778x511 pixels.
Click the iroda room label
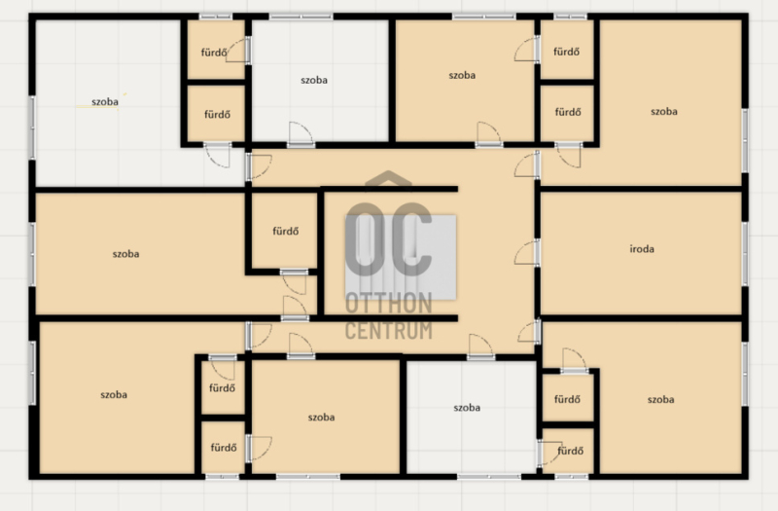pos(642,249)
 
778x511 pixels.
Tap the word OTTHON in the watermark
pos(388,304)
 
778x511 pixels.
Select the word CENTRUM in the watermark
pos(388,330)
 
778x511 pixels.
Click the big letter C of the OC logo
pos(411,239)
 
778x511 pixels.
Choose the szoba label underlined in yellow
pos(105,102)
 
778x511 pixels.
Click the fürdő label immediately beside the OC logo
pos(285,231)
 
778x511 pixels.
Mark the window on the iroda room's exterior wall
pos(745,253)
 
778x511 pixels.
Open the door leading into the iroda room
pos(527,253)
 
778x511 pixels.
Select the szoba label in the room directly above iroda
pos(664,112)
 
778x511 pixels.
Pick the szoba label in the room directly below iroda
pos(660,400)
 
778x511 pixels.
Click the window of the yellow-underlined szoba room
pos(33,128)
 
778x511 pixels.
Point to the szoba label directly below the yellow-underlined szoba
pos(125,254)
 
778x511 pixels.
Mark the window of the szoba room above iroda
pos(745,140)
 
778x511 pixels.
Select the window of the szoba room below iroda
pos(745,375)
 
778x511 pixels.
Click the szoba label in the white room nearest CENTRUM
pos(467,408)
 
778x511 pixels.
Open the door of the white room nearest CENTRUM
pos(480,347)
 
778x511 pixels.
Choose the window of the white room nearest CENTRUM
pos(489,477)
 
